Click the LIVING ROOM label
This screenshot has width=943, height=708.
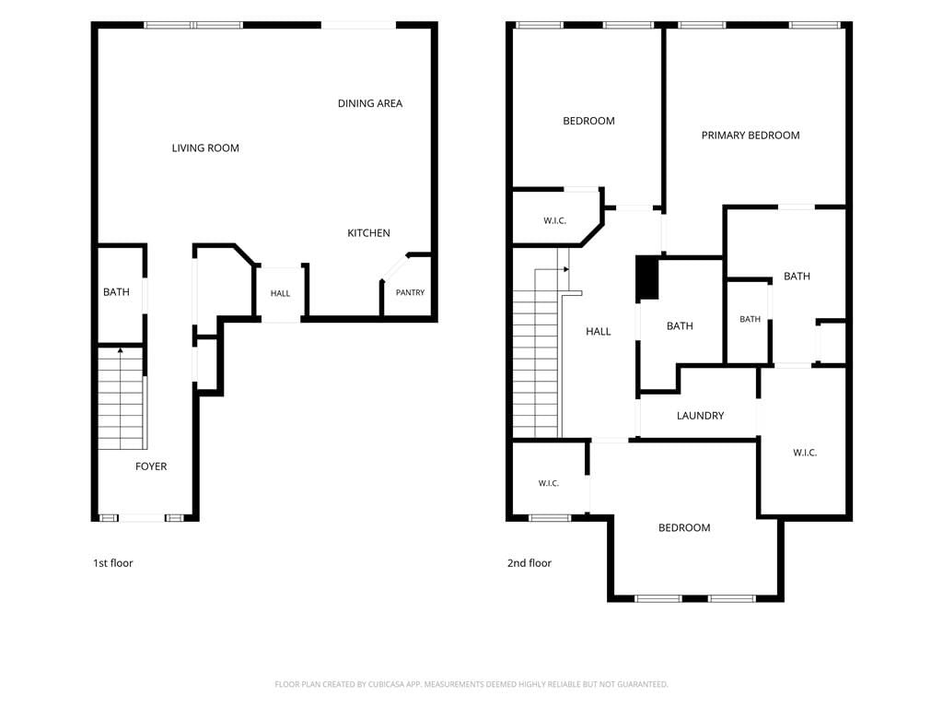(x=205, y=148)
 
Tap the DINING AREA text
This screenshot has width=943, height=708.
(x=370, y=103)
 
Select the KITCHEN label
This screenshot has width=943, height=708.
(x=368, y=233)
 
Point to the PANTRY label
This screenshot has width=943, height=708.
(x=410, y=292)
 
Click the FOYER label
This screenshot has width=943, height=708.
(x=151, y=466)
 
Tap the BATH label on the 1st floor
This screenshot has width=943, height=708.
(x=116, y=292)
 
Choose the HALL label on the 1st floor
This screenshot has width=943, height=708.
(x=280, y=294)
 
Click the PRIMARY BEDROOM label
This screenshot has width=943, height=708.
(x=751, y=136)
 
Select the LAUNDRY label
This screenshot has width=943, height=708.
(x=700, y=416)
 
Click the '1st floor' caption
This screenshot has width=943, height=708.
(x=113, y=563)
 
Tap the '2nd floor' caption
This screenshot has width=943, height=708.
(x=530, y=563)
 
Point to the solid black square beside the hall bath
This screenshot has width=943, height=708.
(x=647, y=277)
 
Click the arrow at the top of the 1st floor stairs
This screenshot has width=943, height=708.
(x=121, y=349)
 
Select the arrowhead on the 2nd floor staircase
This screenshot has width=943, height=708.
(x=566, y=270)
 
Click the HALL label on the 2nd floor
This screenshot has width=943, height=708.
(x=599, y=332)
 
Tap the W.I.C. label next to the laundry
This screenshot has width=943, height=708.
(x=805, y=453)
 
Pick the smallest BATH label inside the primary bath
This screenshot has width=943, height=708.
(x=750, y=319)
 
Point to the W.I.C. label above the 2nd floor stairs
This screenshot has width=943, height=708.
(x=554, y=221)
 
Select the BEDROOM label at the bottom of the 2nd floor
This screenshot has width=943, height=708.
(x=684, y=528)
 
